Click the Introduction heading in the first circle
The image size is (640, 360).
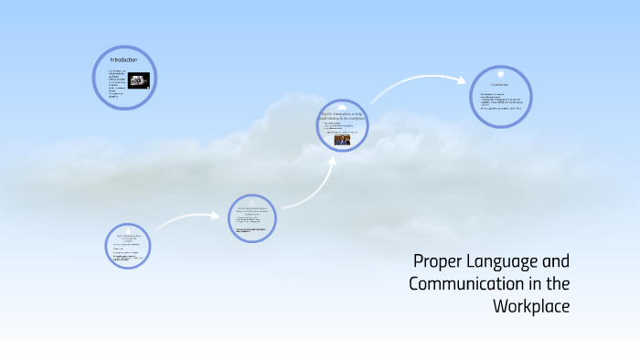(123, 60)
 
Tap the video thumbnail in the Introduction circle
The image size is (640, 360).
(139, 79)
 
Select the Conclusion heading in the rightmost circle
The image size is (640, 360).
(499, 86)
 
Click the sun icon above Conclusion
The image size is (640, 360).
(500, 73)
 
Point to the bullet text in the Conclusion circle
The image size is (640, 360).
(498, 101)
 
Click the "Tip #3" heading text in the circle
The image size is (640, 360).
(341, 114)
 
